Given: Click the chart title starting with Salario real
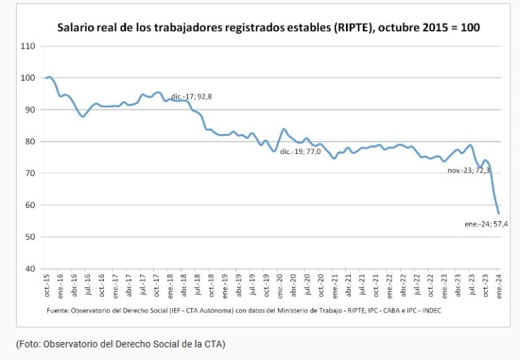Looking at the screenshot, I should (268, 28).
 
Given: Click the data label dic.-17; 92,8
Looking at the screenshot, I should (191, 96).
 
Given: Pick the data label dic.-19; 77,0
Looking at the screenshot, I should (300, 151).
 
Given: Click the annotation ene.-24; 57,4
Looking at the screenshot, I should (491, 224).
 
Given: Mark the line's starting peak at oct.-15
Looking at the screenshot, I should (50, 77).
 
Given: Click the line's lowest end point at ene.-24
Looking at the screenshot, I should (499, 213).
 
